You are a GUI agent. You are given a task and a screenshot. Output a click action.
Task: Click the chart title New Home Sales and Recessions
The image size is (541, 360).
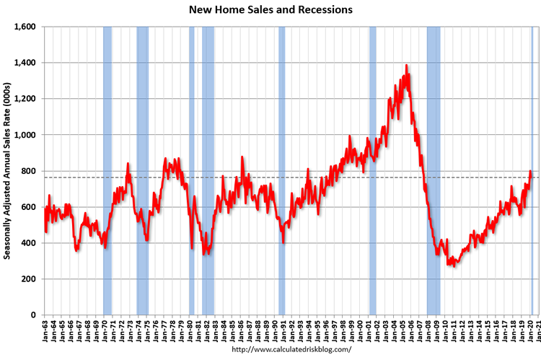270,10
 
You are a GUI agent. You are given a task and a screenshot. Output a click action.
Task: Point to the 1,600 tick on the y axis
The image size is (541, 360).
25,27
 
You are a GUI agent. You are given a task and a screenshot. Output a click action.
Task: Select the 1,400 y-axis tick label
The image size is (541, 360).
25,63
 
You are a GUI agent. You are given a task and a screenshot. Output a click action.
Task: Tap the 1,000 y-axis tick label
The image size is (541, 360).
25,135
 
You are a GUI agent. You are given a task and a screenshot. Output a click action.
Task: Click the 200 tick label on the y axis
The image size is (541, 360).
30,278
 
